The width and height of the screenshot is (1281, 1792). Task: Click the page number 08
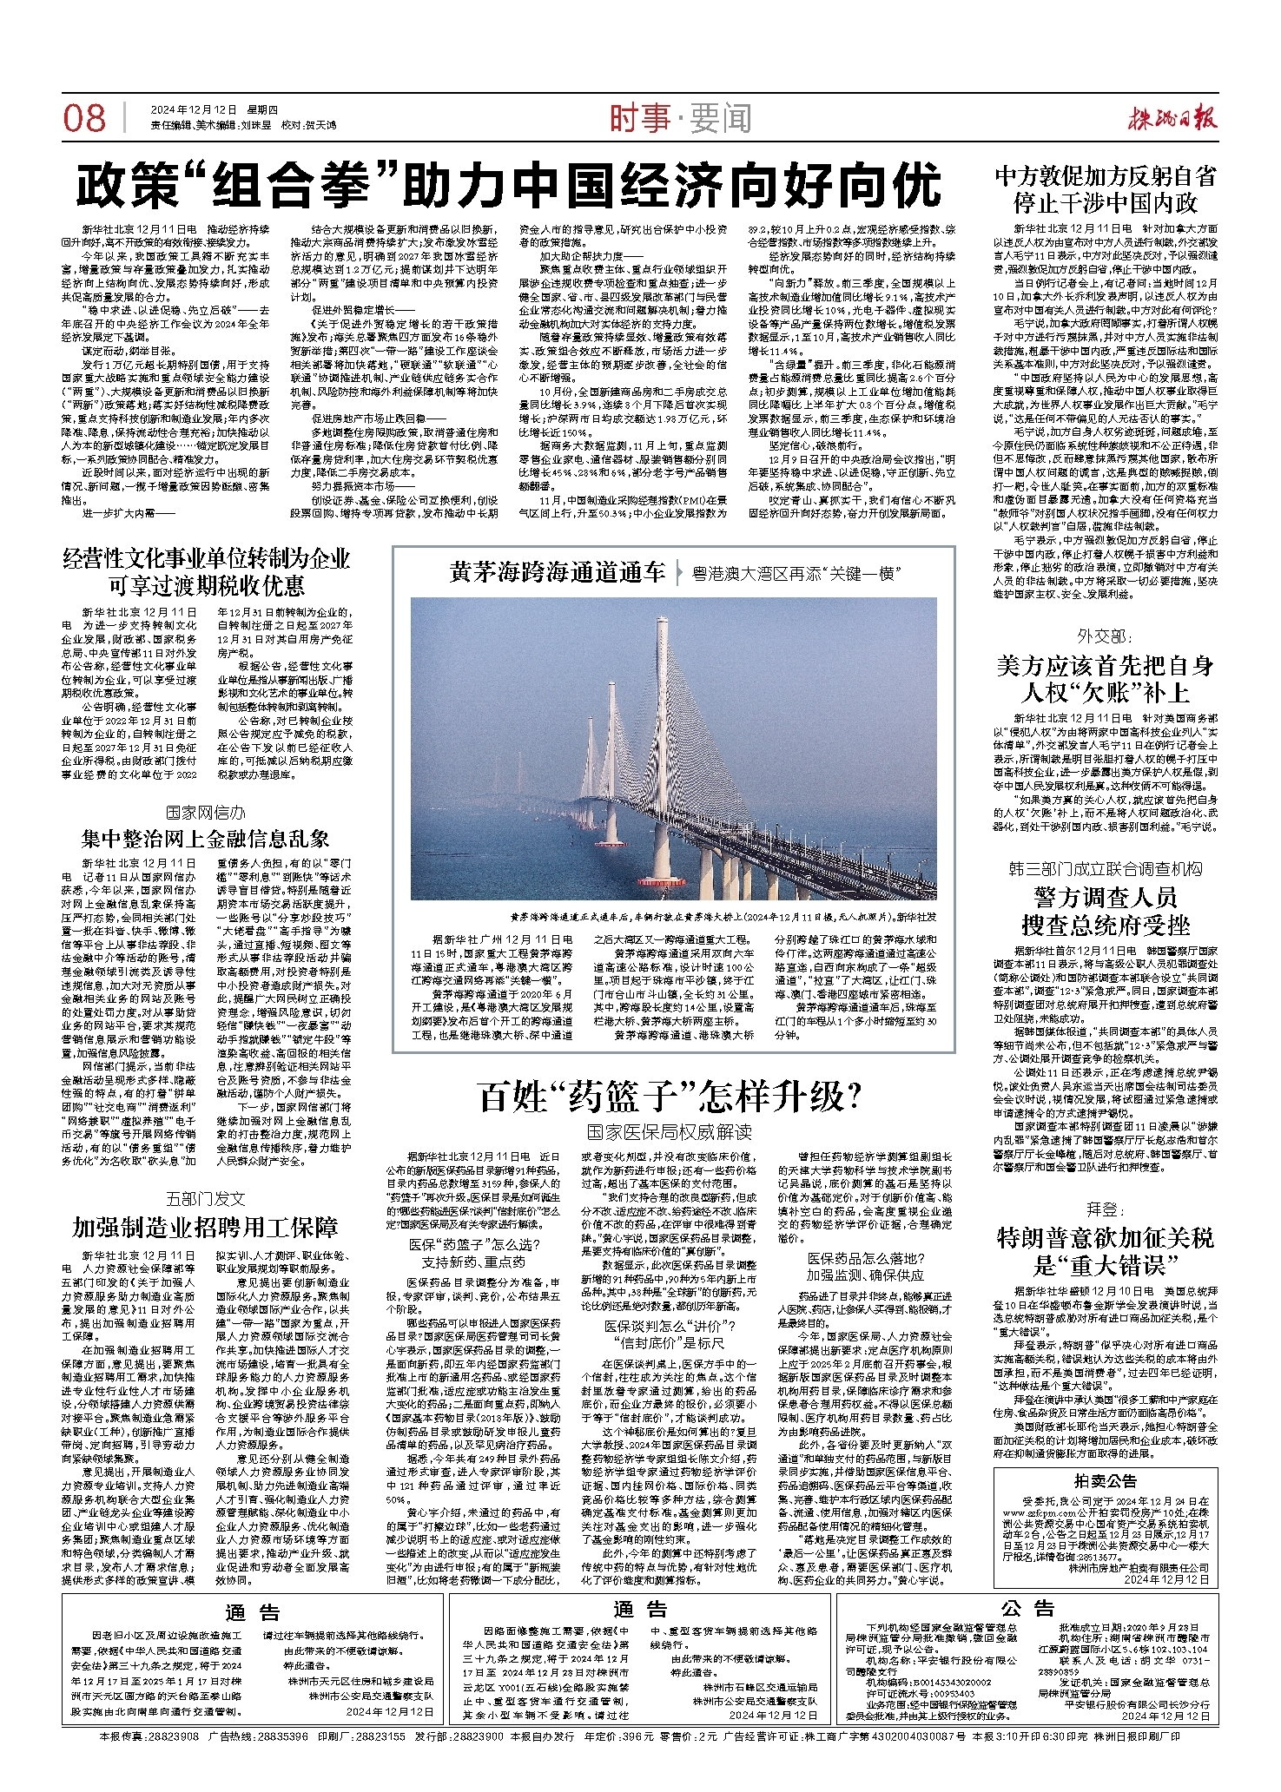click(84, 118)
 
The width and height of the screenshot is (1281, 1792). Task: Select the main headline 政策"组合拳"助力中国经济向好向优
click(509, 184)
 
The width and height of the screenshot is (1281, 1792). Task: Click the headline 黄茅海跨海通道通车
click(558, 572)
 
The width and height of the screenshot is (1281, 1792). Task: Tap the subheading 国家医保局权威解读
click(669, 1131)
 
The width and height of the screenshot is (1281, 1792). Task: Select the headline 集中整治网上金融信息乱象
click(206, 838)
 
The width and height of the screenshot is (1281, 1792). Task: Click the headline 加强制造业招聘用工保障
click(206, 1227)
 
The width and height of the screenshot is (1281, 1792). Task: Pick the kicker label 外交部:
click(1105, 636)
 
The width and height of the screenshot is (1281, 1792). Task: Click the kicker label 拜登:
click(1105, 1209)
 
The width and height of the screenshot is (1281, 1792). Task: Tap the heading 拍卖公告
click(1105, 1480)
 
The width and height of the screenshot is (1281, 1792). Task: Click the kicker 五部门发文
click(206, 1199)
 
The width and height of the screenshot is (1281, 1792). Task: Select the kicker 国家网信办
click(206, 813)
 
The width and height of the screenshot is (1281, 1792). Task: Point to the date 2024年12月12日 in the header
click(194, 110)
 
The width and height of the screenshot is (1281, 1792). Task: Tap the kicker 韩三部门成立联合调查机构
click(1105, 868)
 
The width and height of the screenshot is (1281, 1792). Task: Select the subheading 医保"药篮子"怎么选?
click(475, 1245)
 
